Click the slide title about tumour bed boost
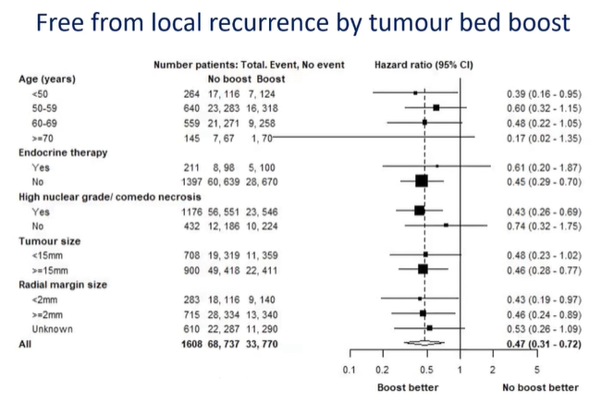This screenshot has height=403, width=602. pyautogui.click(x=301, y=26)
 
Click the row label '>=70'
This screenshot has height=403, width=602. pyautogui.click(x=42, y=136)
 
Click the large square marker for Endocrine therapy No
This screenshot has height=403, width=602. pyautogui.click(x=422, y=181)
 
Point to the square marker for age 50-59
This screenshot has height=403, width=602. pyautogui.click(x=436, y=107)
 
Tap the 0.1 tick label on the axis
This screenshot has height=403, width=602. pyautogui.click(x=350, y=368)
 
